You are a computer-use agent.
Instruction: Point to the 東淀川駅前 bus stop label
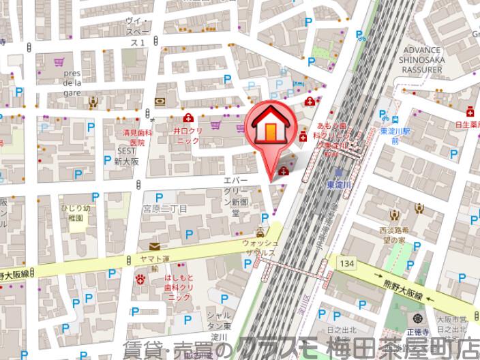394,135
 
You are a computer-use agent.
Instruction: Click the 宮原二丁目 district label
164,208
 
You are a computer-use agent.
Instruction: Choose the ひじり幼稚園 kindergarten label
74,212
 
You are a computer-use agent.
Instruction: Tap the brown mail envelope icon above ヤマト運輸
155,246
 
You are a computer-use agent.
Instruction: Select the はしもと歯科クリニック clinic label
179,287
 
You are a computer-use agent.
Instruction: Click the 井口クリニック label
186,134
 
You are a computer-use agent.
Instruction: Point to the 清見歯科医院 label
134,138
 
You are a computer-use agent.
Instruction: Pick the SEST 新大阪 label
125,157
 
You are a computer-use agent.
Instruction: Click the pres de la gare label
72,83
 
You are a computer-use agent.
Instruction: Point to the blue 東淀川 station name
338,184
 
